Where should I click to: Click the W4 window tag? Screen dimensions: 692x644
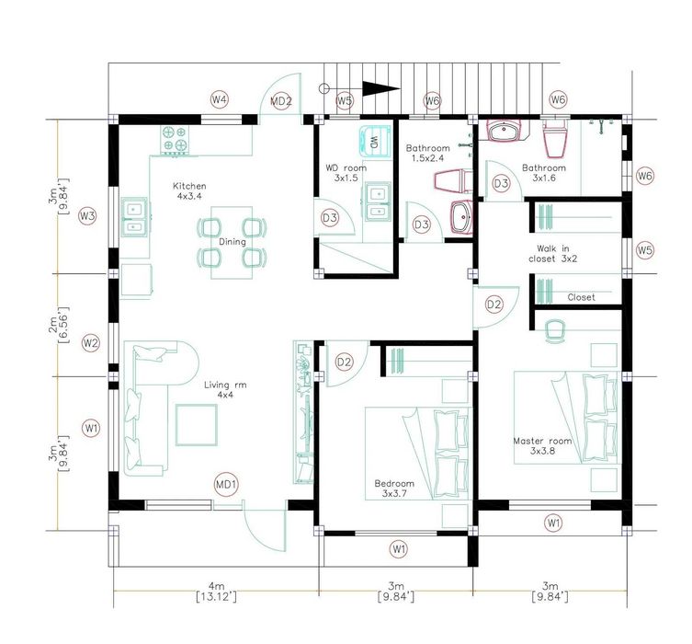click(219, 100)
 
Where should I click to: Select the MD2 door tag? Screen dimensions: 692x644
click(280, 101)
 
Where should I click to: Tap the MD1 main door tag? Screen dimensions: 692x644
click(226, 485)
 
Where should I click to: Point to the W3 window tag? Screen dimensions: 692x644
click(87, 216)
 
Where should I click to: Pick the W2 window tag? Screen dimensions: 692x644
click(91, 343)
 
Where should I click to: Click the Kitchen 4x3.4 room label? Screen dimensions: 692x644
click(189, 190)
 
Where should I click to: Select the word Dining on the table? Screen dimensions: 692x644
click(233, 242)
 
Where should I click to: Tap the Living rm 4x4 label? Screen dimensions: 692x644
click(225, 389)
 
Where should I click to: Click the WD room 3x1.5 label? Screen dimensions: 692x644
click(346, 173)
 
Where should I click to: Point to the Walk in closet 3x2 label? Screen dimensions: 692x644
click(552, 254)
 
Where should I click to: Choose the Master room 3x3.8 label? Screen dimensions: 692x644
click(542, 445)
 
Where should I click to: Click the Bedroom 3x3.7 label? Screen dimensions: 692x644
click(394, 489)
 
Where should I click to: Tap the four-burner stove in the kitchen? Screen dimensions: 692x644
click(175, 141)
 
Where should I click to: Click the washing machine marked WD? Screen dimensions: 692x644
click(375, 142)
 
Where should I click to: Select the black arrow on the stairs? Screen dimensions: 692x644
click(380, 88)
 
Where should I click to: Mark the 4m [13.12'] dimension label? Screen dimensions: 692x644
click(216, 592)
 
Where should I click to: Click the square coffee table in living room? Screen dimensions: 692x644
click(197, 425)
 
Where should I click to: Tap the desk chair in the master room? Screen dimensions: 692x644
click(556, 331)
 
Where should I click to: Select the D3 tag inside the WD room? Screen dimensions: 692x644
click(330, 218)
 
